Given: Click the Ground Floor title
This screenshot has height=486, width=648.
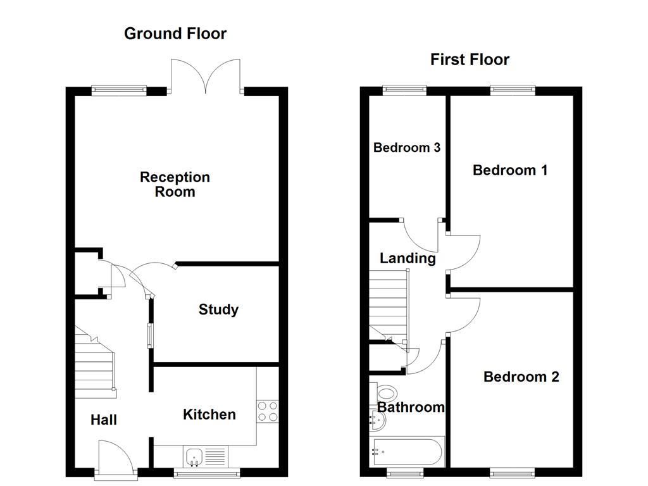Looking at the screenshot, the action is click(x=175, y=34).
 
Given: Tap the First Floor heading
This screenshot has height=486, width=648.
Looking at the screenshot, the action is click(x=470, y=59).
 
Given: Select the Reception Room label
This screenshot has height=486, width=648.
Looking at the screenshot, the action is click(x=175, y=184).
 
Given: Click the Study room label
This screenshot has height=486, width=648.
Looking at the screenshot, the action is click(x=218, y=309).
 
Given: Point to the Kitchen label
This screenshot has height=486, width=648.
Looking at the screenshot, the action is click(x=209, y=414).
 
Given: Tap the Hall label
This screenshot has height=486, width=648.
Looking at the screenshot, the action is click(x=103, y=420).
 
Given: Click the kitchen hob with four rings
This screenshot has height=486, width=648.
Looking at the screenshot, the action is click(x=268, y=411).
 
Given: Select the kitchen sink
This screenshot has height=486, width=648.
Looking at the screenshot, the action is click(x=194, y=457).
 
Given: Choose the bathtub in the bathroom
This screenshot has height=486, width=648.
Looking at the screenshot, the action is click(x=407, y=452).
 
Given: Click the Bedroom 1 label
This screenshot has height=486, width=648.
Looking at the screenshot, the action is click(x=510, y=170).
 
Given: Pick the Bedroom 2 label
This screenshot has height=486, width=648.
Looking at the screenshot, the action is click(x=521, y=377).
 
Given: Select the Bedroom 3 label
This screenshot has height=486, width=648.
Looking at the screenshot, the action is click(x=407, y=147).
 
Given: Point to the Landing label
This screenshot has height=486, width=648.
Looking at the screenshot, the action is click(x=408, y=258).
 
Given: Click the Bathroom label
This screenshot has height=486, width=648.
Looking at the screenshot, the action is click(x=411, y=407).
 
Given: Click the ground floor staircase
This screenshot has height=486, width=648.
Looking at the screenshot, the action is click(x=95, y=362).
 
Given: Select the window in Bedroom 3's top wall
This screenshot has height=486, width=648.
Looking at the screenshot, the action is click(x=404, y=90).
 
